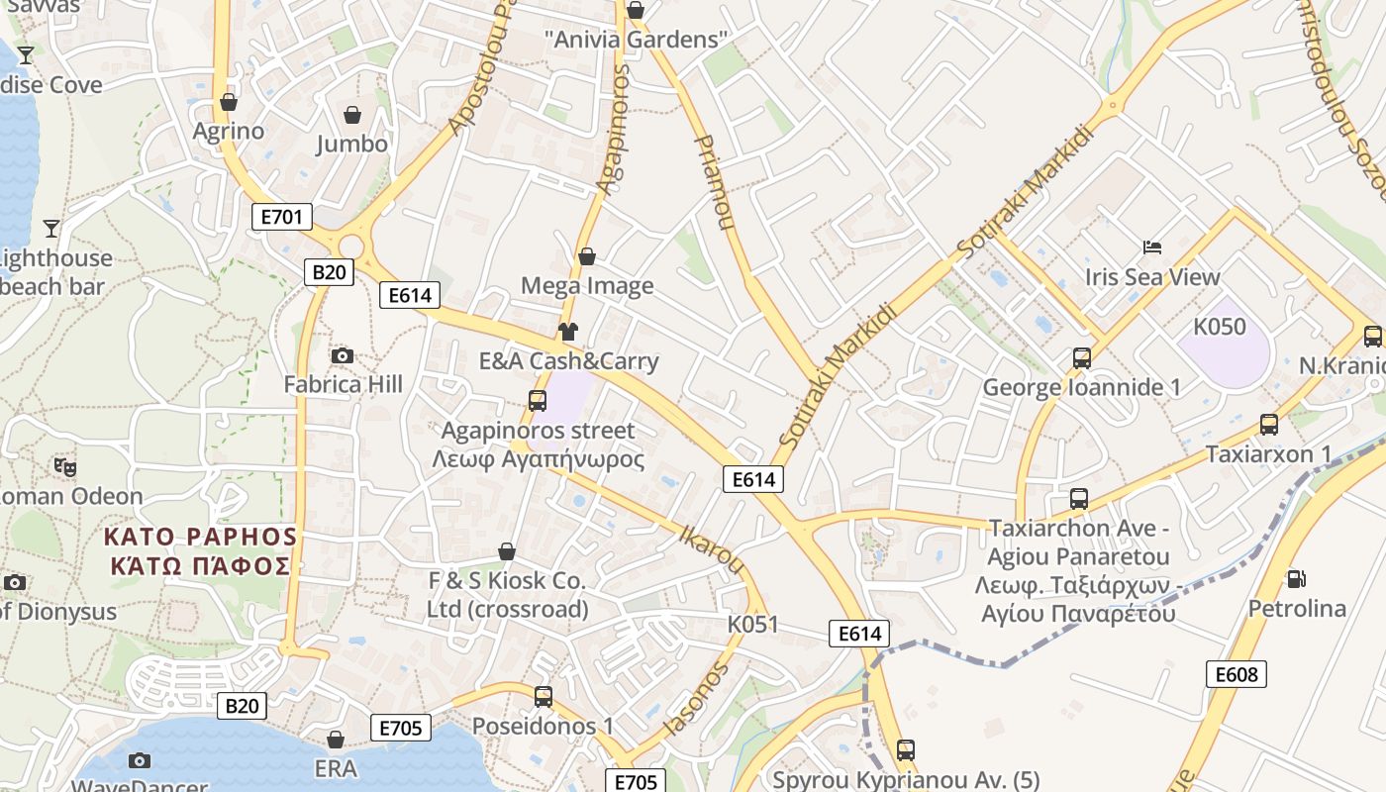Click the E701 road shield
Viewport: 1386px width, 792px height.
282,217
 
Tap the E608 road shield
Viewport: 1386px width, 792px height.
1237,674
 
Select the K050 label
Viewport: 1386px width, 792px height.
1219,327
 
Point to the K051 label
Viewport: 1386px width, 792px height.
752,625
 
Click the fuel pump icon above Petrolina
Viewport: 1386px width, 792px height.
1295,578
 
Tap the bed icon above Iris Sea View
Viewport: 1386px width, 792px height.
1152,247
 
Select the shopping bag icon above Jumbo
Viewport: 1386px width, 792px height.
352,115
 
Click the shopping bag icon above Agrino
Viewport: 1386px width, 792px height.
229,102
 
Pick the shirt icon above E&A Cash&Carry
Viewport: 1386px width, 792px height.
567,331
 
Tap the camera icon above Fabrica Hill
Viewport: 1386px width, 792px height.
343,355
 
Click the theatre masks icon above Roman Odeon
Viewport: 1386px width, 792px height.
65,465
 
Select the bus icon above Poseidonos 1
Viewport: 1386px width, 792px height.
543,696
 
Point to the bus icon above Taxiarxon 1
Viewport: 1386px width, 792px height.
1269,425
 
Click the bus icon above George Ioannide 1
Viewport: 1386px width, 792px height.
1082,357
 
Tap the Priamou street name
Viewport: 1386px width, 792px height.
715,183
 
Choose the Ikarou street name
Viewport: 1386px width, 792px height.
711,547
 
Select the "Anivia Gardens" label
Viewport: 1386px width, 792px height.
636,40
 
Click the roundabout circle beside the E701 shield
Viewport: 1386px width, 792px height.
351,246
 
